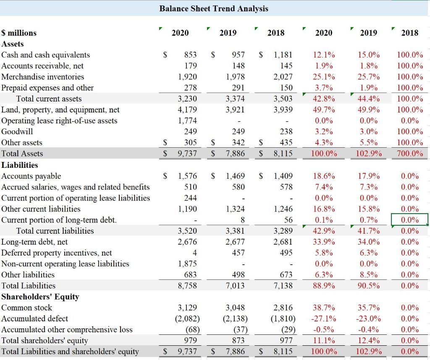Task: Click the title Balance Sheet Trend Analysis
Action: click(213, 8)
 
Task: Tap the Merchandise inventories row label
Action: click(43, 77)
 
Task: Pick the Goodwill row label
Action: click(17, 132)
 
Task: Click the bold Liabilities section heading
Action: click(20, 165)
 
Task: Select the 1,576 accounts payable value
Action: click(187, 176)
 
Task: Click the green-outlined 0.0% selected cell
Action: click(410, 220)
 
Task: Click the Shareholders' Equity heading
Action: click(40, 297)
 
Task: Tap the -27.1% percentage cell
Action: click(323, 318)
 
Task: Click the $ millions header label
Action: click(19, 33)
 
